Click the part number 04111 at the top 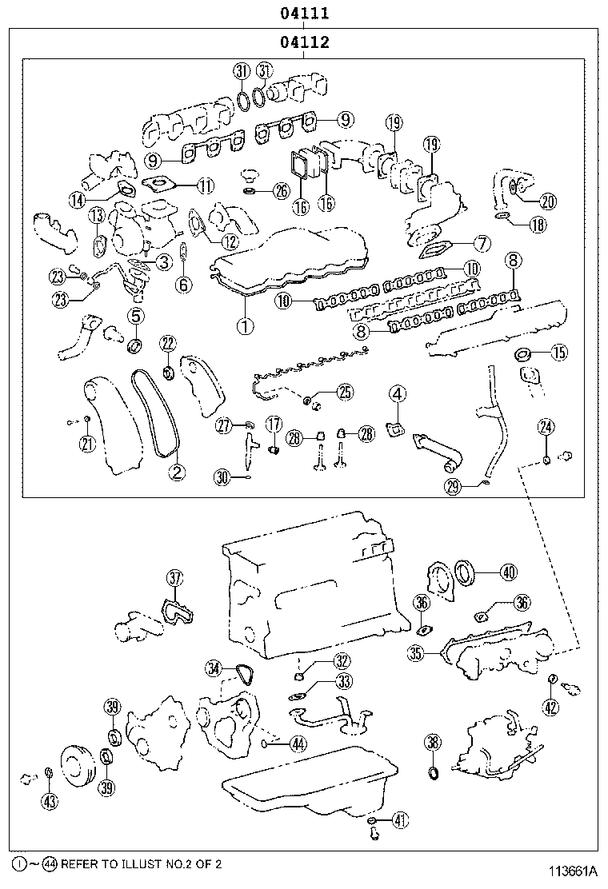[305, 14]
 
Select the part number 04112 [305, 42]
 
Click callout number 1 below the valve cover [245, 325]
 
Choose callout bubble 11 [206, 187]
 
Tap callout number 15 [558, 352]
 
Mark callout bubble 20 [548, 202]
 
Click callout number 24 [546, 428]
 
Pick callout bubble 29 [454, 486]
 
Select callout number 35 [414, 653]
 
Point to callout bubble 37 [175, 578]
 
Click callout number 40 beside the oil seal [509, 572]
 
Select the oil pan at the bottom [312, 783]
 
